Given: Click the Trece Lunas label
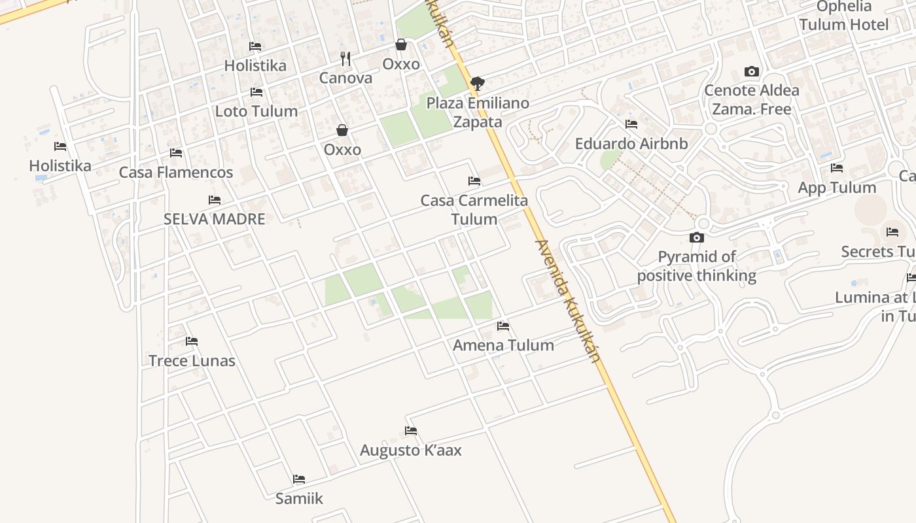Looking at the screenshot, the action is tap(192, 361).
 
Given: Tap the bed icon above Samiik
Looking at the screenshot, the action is tap(299, 479).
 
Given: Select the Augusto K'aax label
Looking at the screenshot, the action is tap(411, 450).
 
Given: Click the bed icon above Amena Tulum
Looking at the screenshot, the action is tap(503, 326).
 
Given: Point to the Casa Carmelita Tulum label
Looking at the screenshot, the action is tap(474, 209).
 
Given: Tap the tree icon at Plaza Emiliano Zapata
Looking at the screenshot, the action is tap(478, 83).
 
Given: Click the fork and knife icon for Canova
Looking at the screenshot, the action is tap(345, 59).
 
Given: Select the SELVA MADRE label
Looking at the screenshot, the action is tap(215, 219).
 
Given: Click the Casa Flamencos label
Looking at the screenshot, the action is tap(176, 173).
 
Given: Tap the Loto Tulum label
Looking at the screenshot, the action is tap(256, 111).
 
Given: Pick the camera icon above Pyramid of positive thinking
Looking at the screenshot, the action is tap(697, 237).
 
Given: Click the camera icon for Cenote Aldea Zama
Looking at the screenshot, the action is tap(752, 71).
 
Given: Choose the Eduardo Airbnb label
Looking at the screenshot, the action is tap(631, 143).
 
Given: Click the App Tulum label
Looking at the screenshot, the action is tap(837, 188).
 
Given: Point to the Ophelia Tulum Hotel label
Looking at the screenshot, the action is tap(844, 16).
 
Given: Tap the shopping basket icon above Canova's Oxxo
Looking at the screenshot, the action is tap(401, 44).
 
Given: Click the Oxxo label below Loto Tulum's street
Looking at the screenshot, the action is tap(342, 150).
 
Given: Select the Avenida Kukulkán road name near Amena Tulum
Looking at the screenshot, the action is tap(567, 301).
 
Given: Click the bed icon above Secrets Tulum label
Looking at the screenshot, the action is tap(892, 232).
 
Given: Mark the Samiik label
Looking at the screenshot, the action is tap(299, 499).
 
